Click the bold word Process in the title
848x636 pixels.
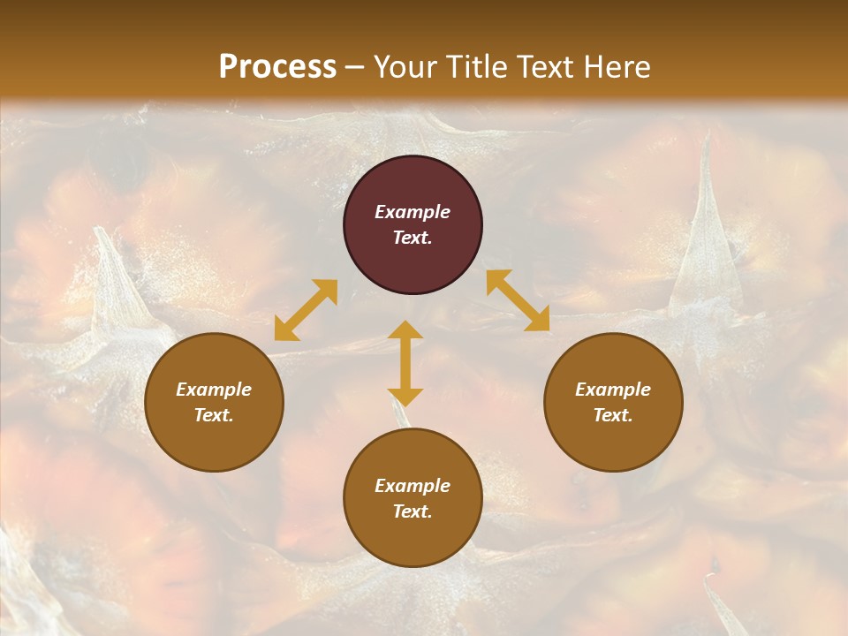coord(277,67)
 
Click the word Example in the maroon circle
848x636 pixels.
coord(413,212)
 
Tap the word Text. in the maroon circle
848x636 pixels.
coord(413,238)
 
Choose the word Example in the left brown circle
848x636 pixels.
coord(214,390)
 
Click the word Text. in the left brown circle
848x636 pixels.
coord(214,415)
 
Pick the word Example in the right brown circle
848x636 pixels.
coord(613,390)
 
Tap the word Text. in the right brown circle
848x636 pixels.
coord(613,415)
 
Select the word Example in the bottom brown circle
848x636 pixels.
coord(413,486)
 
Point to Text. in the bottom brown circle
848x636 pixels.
coord(413,511)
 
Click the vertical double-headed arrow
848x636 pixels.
coord(405,363)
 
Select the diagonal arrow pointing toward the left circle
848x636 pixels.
coord(306,310)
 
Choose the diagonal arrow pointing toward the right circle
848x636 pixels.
coord(519,300)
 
